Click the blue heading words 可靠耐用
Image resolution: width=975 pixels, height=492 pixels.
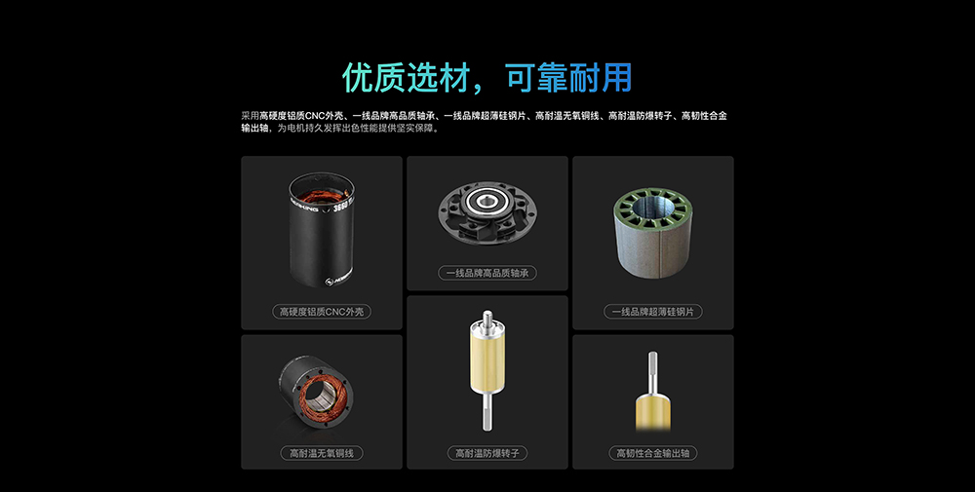click(x=569, y=78)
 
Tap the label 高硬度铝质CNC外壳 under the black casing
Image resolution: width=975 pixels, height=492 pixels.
click(x=322, y=311)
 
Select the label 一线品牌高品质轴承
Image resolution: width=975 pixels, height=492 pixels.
click(x=487, y=273)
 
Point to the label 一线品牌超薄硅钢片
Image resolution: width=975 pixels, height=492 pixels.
click(x=653, y=311)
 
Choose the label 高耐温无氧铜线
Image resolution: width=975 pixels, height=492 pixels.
click(x=322, y=453)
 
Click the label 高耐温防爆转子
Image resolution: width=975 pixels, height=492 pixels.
click(x=487, y=453)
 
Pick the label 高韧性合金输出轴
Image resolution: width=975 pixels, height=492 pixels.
click(x=653, y=453)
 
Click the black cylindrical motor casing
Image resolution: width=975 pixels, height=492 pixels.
click(x=322, y=230)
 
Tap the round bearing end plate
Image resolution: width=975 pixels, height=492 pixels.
click(x=487, y=212)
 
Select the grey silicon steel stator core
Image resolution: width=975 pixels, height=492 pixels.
click(x=653, y=233)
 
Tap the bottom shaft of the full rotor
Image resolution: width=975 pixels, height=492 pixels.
click(x=487, y=412)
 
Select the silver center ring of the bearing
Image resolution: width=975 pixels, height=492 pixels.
click(x=486, y=201)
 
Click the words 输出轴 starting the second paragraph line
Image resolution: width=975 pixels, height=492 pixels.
click(x=254, y=129)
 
